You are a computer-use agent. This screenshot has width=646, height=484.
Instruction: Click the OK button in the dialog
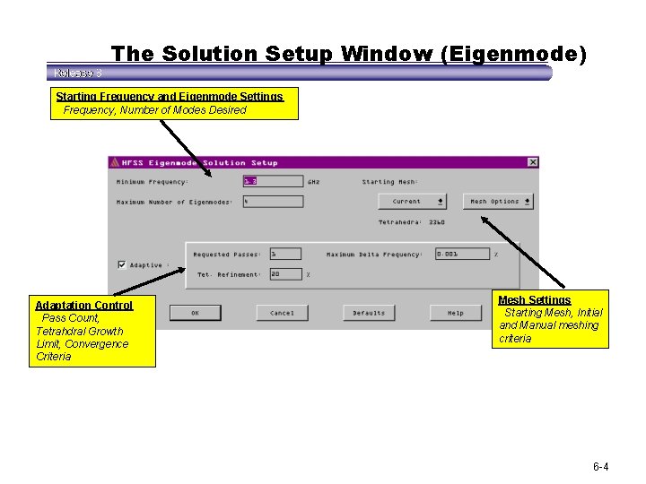(195, 313)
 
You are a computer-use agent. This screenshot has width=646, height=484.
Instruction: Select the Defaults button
(369, 313)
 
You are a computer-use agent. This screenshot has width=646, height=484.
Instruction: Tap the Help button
(456, 313)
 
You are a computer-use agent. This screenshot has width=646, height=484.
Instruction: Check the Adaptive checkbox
(122, 265)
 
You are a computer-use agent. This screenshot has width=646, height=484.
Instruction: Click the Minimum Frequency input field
(273, 181)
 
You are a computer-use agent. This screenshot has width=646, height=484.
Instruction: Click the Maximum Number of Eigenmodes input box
(273, 202)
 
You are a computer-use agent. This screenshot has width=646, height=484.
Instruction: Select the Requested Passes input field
(285, 254)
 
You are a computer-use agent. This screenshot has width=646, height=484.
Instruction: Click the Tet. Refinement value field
(285, 274)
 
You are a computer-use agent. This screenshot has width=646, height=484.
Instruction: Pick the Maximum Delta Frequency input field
(462, 254)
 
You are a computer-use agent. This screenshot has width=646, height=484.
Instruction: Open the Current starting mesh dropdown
(413, 202)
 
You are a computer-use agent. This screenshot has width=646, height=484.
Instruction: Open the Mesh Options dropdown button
(498, 202)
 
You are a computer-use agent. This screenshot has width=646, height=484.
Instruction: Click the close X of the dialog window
(533, 162)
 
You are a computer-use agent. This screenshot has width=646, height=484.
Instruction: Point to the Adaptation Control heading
(83, 305)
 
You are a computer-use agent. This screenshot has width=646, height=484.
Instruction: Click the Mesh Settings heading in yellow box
(535, 299)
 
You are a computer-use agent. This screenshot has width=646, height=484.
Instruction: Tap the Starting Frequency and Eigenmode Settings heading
(169, 96)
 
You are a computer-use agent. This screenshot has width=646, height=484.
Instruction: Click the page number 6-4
(600, 467)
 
